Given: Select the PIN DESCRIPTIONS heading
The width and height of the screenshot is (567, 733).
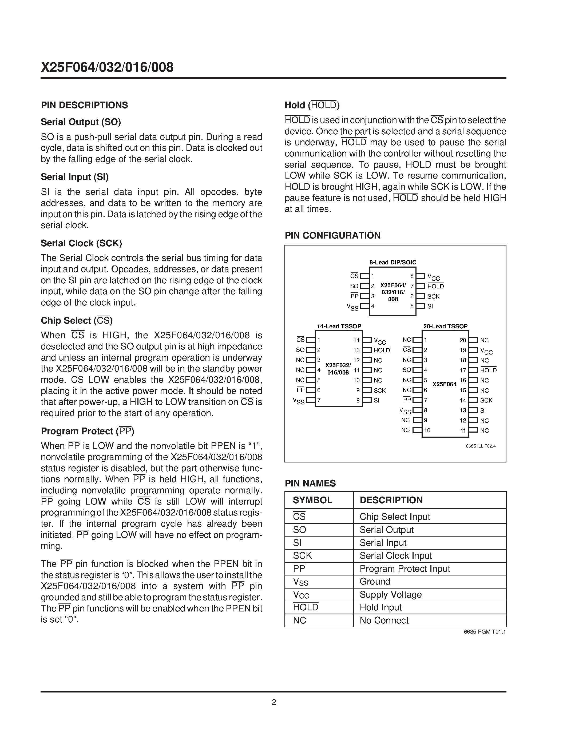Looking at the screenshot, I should pyautogui.click(x=84, y=105).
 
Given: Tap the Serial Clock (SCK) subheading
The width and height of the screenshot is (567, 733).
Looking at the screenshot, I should pyautogui.click(x=81, y=243).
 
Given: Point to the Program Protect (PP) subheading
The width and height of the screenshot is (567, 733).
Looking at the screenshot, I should pyautogui.click(x=87, y=431).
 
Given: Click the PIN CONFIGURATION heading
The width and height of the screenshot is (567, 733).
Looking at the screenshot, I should pyautogui.click(x=332, y=235).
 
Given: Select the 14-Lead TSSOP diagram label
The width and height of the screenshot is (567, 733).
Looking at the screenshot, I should pyautogui.click(x=339, y=326).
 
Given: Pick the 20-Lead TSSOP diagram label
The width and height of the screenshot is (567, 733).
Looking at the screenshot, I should pyautogui.click(x=445, y=326).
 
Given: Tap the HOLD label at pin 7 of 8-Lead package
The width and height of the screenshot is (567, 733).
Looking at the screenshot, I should pyautogui.click(x=435, y=286).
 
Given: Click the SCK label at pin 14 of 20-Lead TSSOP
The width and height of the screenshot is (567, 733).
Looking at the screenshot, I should pyautogui.click(x=486, y=400).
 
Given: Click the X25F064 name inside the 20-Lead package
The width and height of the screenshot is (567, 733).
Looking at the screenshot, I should pyautogui.click(x=445, y=384).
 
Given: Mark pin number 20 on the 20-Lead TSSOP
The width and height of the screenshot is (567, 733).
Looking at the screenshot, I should pyautogui.click(x=463, y=340).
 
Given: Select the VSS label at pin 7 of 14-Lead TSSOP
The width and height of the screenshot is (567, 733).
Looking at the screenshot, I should pyautogui.click(x=299, y=401).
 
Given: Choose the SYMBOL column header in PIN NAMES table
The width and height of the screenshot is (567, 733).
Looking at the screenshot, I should pyautogui.click(x=312, y=500).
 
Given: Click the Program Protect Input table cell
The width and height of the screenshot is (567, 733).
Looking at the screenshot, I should pyautogui.click(x=405, y=569).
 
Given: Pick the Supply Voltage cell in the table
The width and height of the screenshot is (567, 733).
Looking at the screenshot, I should pyautogui.click(x=390, y=594).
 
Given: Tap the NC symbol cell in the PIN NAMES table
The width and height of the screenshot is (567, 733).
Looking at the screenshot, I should pyautogui.click(x=299, y=620).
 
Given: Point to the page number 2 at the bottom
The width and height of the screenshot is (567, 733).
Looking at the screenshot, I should pyautogui.click(x=274, y=702).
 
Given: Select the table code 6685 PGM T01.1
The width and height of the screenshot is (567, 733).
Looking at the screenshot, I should pyautogui.click(x=485, y=632).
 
